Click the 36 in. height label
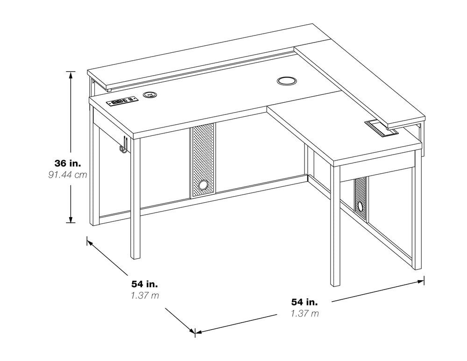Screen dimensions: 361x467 tap(68, 163)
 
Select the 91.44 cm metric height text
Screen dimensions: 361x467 tap(68, 175)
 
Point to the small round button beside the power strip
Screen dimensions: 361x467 tap(150, 95)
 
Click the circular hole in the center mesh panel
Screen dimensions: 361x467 tap(203, 185)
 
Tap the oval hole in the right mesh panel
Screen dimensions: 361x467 tap(361, 205)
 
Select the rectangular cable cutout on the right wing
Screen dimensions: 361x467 tap(381, 127)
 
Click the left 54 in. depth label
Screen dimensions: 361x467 tap(144, 284)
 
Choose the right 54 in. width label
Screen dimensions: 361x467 tap(304, 302)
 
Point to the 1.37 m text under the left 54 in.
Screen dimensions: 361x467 tap(144, 296)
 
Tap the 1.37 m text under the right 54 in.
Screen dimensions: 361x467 tap(304, 314)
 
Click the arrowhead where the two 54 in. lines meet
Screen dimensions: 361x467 tap(195, 332)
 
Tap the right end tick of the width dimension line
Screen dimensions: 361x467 tap(424, 280)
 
